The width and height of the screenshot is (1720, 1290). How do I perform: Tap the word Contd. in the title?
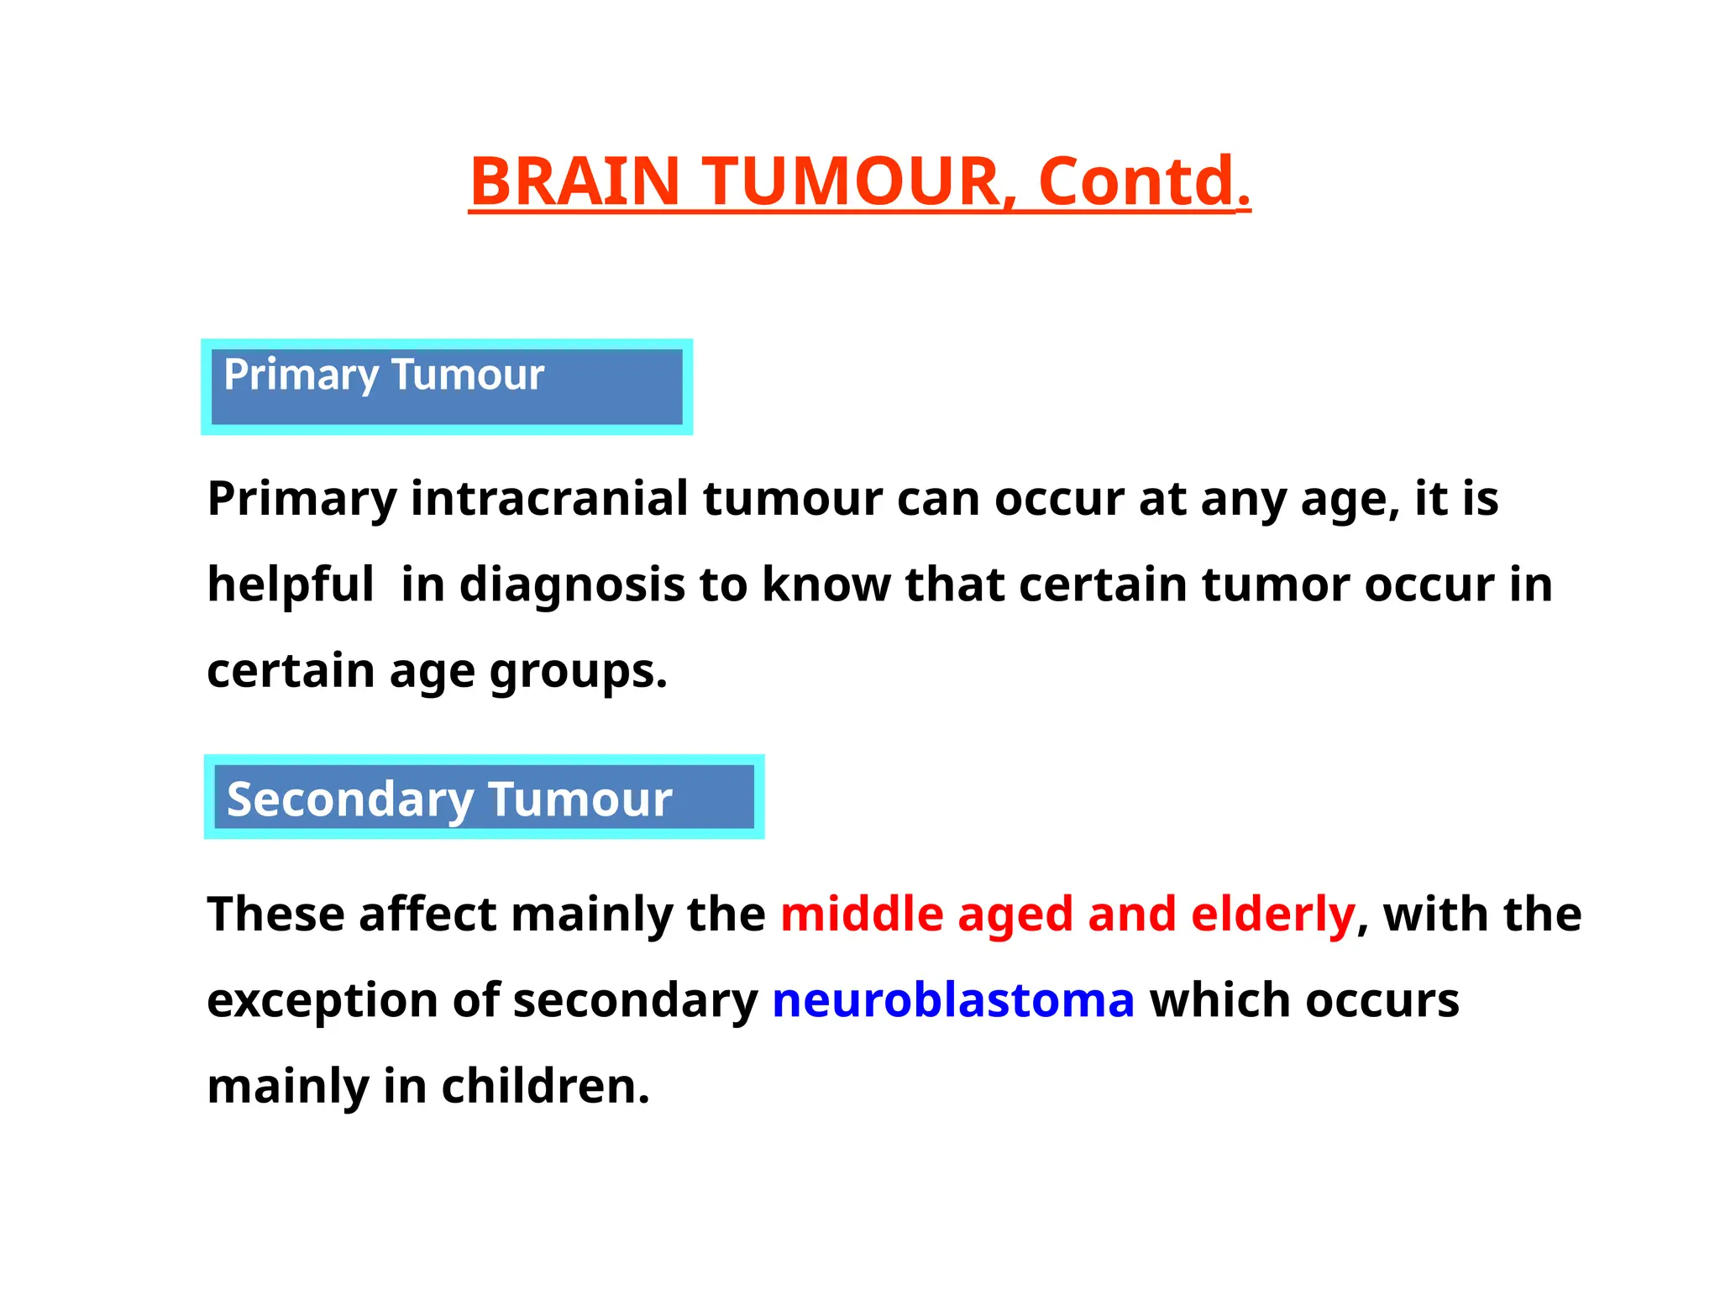coord(1144,181)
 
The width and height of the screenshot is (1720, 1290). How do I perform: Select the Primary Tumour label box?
coord(447,387)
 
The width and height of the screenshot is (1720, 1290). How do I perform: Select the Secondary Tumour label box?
coord(484,797)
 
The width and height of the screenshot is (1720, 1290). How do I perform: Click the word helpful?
coord(291,585)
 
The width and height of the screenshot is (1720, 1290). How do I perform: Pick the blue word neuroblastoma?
coord(953,1000)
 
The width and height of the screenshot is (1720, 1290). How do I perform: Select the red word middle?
coord(862,914)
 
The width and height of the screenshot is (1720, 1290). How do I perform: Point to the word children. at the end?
coord(545,1086)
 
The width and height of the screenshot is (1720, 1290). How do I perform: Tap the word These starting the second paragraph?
coord(275,914)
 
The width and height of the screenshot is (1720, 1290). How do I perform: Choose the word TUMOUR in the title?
coord(852,181)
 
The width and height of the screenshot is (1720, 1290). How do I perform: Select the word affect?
coord(427,914)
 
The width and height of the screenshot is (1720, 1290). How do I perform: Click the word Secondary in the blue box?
coord(349,799)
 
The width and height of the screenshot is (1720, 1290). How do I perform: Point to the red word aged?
coord(1015,915)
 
